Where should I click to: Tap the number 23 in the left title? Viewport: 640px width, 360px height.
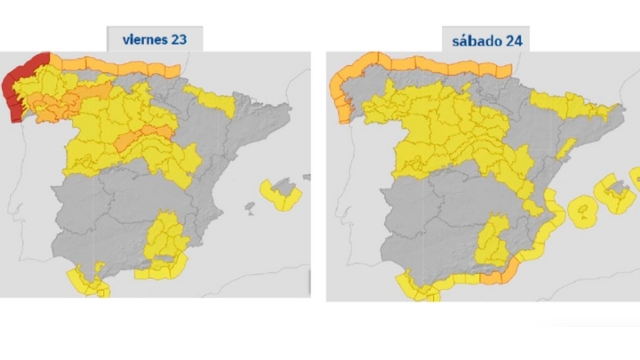(178, 38)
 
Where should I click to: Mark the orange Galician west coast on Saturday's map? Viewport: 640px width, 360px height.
(339, 102)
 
